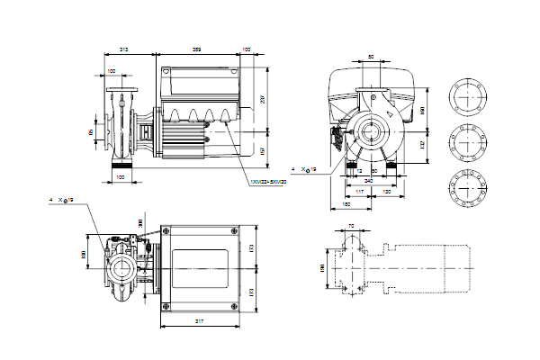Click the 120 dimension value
[388, 192]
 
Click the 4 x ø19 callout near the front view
[307, 169]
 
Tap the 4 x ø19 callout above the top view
[62, 201]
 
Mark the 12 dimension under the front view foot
[359, 170]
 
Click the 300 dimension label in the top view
[140, 222]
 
